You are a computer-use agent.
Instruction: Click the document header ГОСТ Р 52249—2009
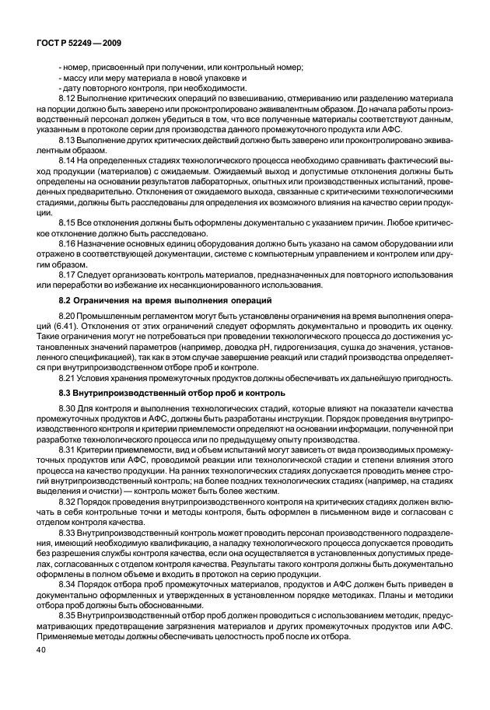(x=75, y=44)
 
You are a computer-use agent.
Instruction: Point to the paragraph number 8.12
(x=68, y=99)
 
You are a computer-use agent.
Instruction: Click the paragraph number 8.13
(x=68, y=139)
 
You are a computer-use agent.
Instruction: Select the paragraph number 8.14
(x=68, y=159)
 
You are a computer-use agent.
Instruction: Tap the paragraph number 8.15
(x=68, y=221)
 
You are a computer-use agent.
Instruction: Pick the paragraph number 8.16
(x=68, y=241)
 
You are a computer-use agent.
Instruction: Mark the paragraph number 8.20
(x=68, y=316)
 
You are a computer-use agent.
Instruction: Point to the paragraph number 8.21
(x=68, y=377)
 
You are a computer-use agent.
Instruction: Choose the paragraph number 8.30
(x=68, y=408)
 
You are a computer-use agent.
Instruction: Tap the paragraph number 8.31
(x=68, y=449)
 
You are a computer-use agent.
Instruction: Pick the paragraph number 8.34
(x=68, y=583)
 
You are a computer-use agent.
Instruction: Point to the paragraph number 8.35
(x=68, y=614)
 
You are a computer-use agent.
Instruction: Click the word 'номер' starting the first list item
(x=76, y=68)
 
